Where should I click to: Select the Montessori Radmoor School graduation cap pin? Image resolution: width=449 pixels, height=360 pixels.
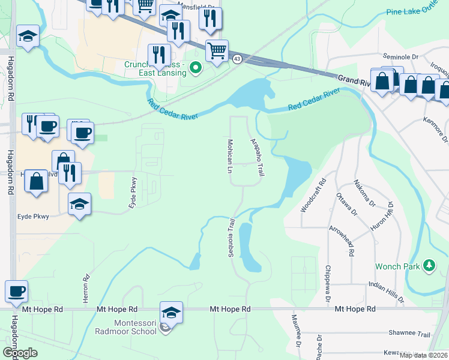coord(172,313)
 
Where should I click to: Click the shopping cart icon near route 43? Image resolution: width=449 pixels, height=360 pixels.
coord(217,51)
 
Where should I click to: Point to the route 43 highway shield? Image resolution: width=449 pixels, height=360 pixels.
coord(238,59)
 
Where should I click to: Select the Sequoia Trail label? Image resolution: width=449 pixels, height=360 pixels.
coord(230,238)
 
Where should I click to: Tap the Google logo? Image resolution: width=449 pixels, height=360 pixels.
coord(20,352)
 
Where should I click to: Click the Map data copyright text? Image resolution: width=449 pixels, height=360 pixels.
coord(423,355)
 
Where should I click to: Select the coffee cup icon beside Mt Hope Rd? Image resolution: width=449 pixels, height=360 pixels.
coord(16,292)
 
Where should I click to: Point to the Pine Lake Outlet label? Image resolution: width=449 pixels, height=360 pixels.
coord(417,12)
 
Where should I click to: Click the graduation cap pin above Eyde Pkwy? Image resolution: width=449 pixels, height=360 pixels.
coord(79,204)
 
